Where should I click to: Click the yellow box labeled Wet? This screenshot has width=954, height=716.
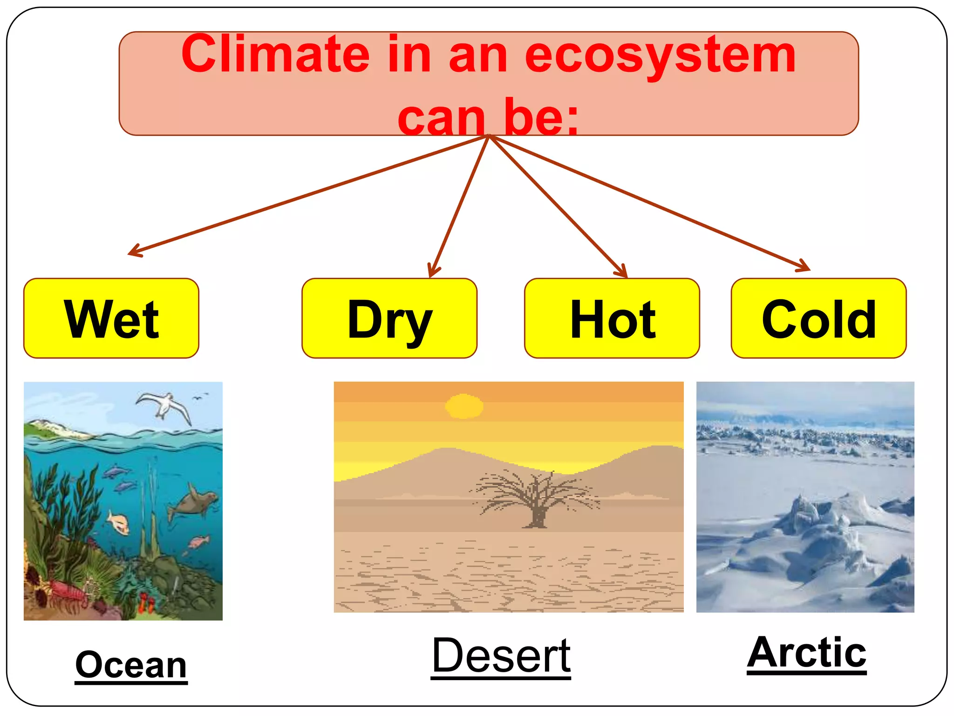tap(111, 318)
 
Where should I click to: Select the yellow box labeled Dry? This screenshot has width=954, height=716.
tap(389, 318)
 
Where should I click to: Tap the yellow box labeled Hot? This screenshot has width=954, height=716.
tap(612, 318)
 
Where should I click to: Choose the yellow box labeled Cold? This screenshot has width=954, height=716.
tap(818, 318)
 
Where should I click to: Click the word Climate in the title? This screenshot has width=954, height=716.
tap(275, 55)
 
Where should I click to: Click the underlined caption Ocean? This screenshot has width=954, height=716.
tap(131, 665)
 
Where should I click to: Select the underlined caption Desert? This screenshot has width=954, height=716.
tap(501, 656)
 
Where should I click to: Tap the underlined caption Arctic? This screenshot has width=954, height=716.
tap(806, 653)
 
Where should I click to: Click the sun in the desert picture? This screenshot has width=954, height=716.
tap(464, 406)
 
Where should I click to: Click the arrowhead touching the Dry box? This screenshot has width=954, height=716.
tap(433, 272)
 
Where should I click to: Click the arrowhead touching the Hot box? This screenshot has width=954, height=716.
tap(622, 272)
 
